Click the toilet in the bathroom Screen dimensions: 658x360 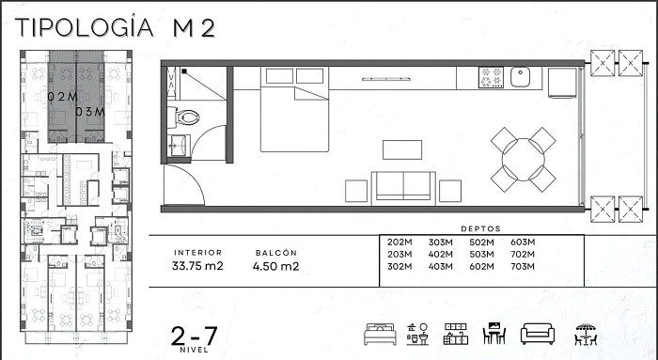tap(183, 117)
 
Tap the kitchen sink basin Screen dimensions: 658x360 tap(520, 77)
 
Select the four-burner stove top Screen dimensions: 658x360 tap(491, 77)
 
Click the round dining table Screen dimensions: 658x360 tap(524, 160)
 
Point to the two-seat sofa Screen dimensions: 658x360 tap(403, 188)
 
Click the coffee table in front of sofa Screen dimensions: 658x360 tap(402, 149)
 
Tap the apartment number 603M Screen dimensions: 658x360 tap(523, 243)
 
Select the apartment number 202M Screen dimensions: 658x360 tap(399, 243)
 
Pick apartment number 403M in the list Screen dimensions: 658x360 tap(440, 266)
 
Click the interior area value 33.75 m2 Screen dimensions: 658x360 tap(197, 266)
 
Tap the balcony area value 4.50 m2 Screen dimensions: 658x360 tap(275, 266)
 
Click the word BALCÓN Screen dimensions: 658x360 tap(275, 253)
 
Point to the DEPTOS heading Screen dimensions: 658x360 tap(481, 229)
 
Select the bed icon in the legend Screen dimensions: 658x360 tap(380, 334)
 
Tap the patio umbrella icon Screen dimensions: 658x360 tap(586, 335)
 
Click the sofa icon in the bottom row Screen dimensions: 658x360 tap(538, 334)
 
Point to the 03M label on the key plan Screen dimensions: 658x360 tap(90, 112)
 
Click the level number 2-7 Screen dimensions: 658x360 tap(194, 337)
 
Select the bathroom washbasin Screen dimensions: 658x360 tap(179, 146)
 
